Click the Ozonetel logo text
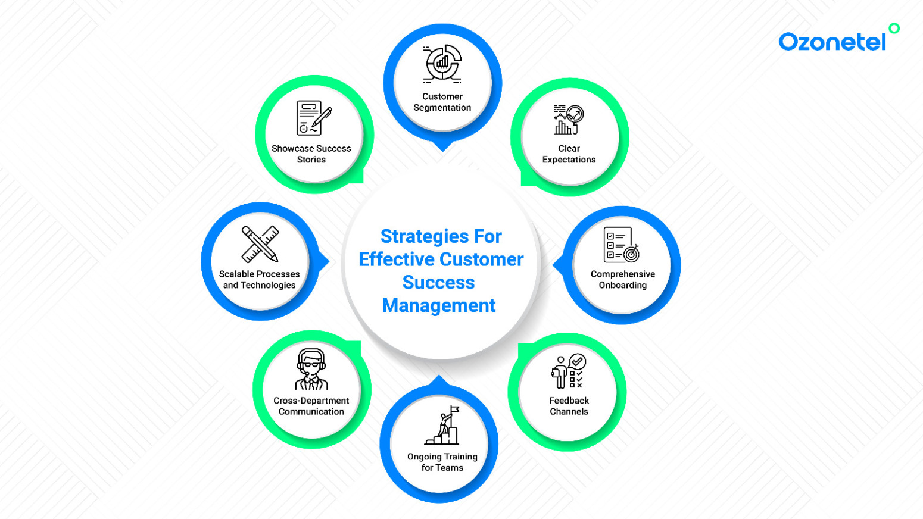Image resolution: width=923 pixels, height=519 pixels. [x=832, y=42]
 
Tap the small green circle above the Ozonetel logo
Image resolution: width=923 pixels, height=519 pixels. [x=894, y=29]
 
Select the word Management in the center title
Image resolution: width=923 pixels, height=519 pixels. [x=439, y=306]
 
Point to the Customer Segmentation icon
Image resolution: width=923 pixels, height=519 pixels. [x=442, y=64]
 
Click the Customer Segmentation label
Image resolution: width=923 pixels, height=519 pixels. [x=442, y=102]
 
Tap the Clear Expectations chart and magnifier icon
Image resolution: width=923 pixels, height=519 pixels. [x=569, y=120]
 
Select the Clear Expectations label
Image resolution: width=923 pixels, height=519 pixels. [x=569, y=154]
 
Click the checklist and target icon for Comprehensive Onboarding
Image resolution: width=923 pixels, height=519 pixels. [x=621, y=245]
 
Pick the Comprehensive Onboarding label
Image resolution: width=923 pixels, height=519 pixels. [x=623, y=280]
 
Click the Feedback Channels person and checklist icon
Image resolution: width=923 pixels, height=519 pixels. [x=569, y=371]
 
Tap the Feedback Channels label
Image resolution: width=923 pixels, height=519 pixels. [x=569, y=406]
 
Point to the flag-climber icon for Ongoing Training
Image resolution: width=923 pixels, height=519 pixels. [x=442, y=425]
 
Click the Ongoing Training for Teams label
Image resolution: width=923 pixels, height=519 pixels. [x=442, y=462]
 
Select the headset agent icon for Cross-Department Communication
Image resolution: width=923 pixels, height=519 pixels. [x=311, y=370]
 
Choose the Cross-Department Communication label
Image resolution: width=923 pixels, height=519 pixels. [x=311, y=406]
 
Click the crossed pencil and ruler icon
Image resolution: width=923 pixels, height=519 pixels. [x=260, y=244]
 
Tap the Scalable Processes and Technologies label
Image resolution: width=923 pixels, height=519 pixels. [x=259, y=280]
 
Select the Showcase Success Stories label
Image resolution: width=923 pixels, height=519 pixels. [x=311, y=154]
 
